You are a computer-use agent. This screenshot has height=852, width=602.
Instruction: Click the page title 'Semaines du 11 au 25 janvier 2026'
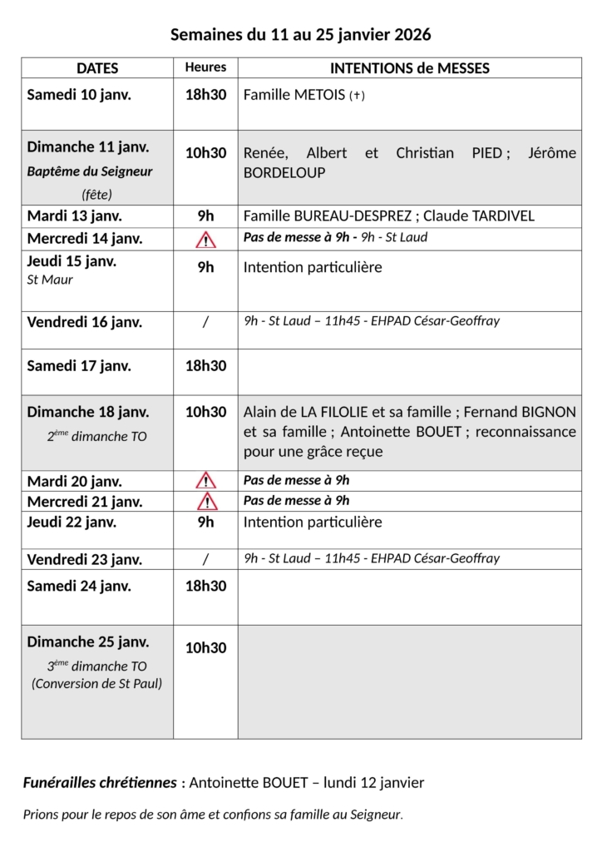tap(300, 35)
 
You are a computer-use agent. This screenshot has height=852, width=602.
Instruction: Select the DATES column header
tap(97, 68)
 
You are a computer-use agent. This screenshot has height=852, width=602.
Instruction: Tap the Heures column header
tap(205, 67)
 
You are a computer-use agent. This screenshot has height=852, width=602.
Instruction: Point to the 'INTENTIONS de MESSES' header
tap(410, 68)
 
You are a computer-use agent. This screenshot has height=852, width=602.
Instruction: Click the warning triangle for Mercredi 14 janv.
tap(205, 240)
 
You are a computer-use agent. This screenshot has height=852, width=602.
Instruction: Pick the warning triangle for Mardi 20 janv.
tap(205, 481)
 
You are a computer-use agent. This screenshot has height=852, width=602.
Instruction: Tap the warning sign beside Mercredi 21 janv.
tap(205, 502)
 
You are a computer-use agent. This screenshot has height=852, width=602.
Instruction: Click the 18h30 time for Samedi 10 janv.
tap(205, 95)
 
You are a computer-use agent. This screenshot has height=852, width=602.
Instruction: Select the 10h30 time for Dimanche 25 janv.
tap(205, 648)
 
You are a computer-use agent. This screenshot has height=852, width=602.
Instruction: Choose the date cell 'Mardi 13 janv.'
tap(75, 216)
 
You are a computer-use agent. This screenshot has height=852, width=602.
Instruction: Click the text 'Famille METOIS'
tap(294, 95)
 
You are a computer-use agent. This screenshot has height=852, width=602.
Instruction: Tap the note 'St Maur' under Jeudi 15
tap(50, 280)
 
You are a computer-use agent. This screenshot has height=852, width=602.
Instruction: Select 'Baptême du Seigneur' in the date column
tap(90, 171)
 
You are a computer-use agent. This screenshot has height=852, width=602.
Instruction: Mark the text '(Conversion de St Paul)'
tap(96, 684)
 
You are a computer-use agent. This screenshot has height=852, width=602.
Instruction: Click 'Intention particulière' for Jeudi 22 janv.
tap(313, 523)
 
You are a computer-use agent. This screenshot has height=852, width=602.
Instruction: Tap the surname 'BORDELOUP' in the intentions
tap(284, 173)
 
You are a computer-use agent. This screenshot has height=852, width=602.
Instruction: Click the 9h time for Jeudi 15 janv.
tap(205, 267)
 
